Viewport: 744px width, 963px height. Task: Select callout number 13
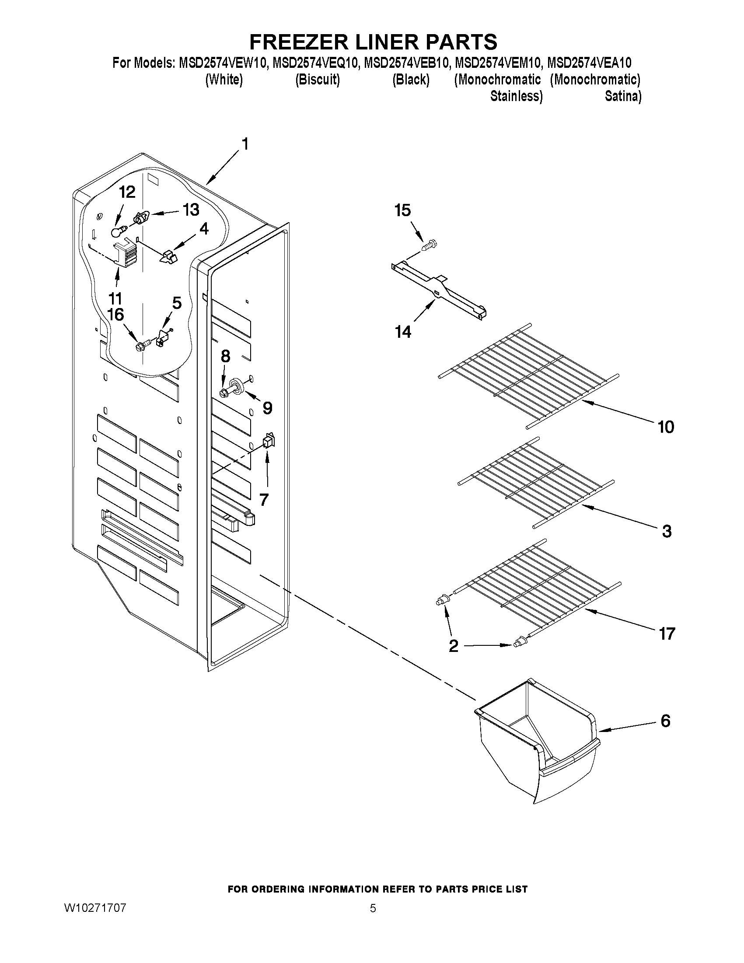click(191, 210)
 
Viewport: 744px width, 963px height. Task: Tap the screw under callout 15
click(429, 245)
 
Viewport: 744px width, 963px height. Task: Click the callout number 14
click(403, 331)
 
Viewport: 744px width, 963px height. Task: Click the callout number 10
click(666, 427)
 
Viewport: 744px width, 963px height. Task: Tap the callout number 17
click(667, 634)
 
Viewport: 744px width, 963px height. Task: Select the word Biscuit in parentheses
click(318, 80)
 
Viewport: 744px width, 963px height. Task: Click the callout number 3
click(667, 531)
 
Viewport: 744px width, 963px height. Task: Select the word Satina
click(622, 96)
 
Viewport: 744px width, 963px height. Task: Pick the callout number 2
click(454, 646)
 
